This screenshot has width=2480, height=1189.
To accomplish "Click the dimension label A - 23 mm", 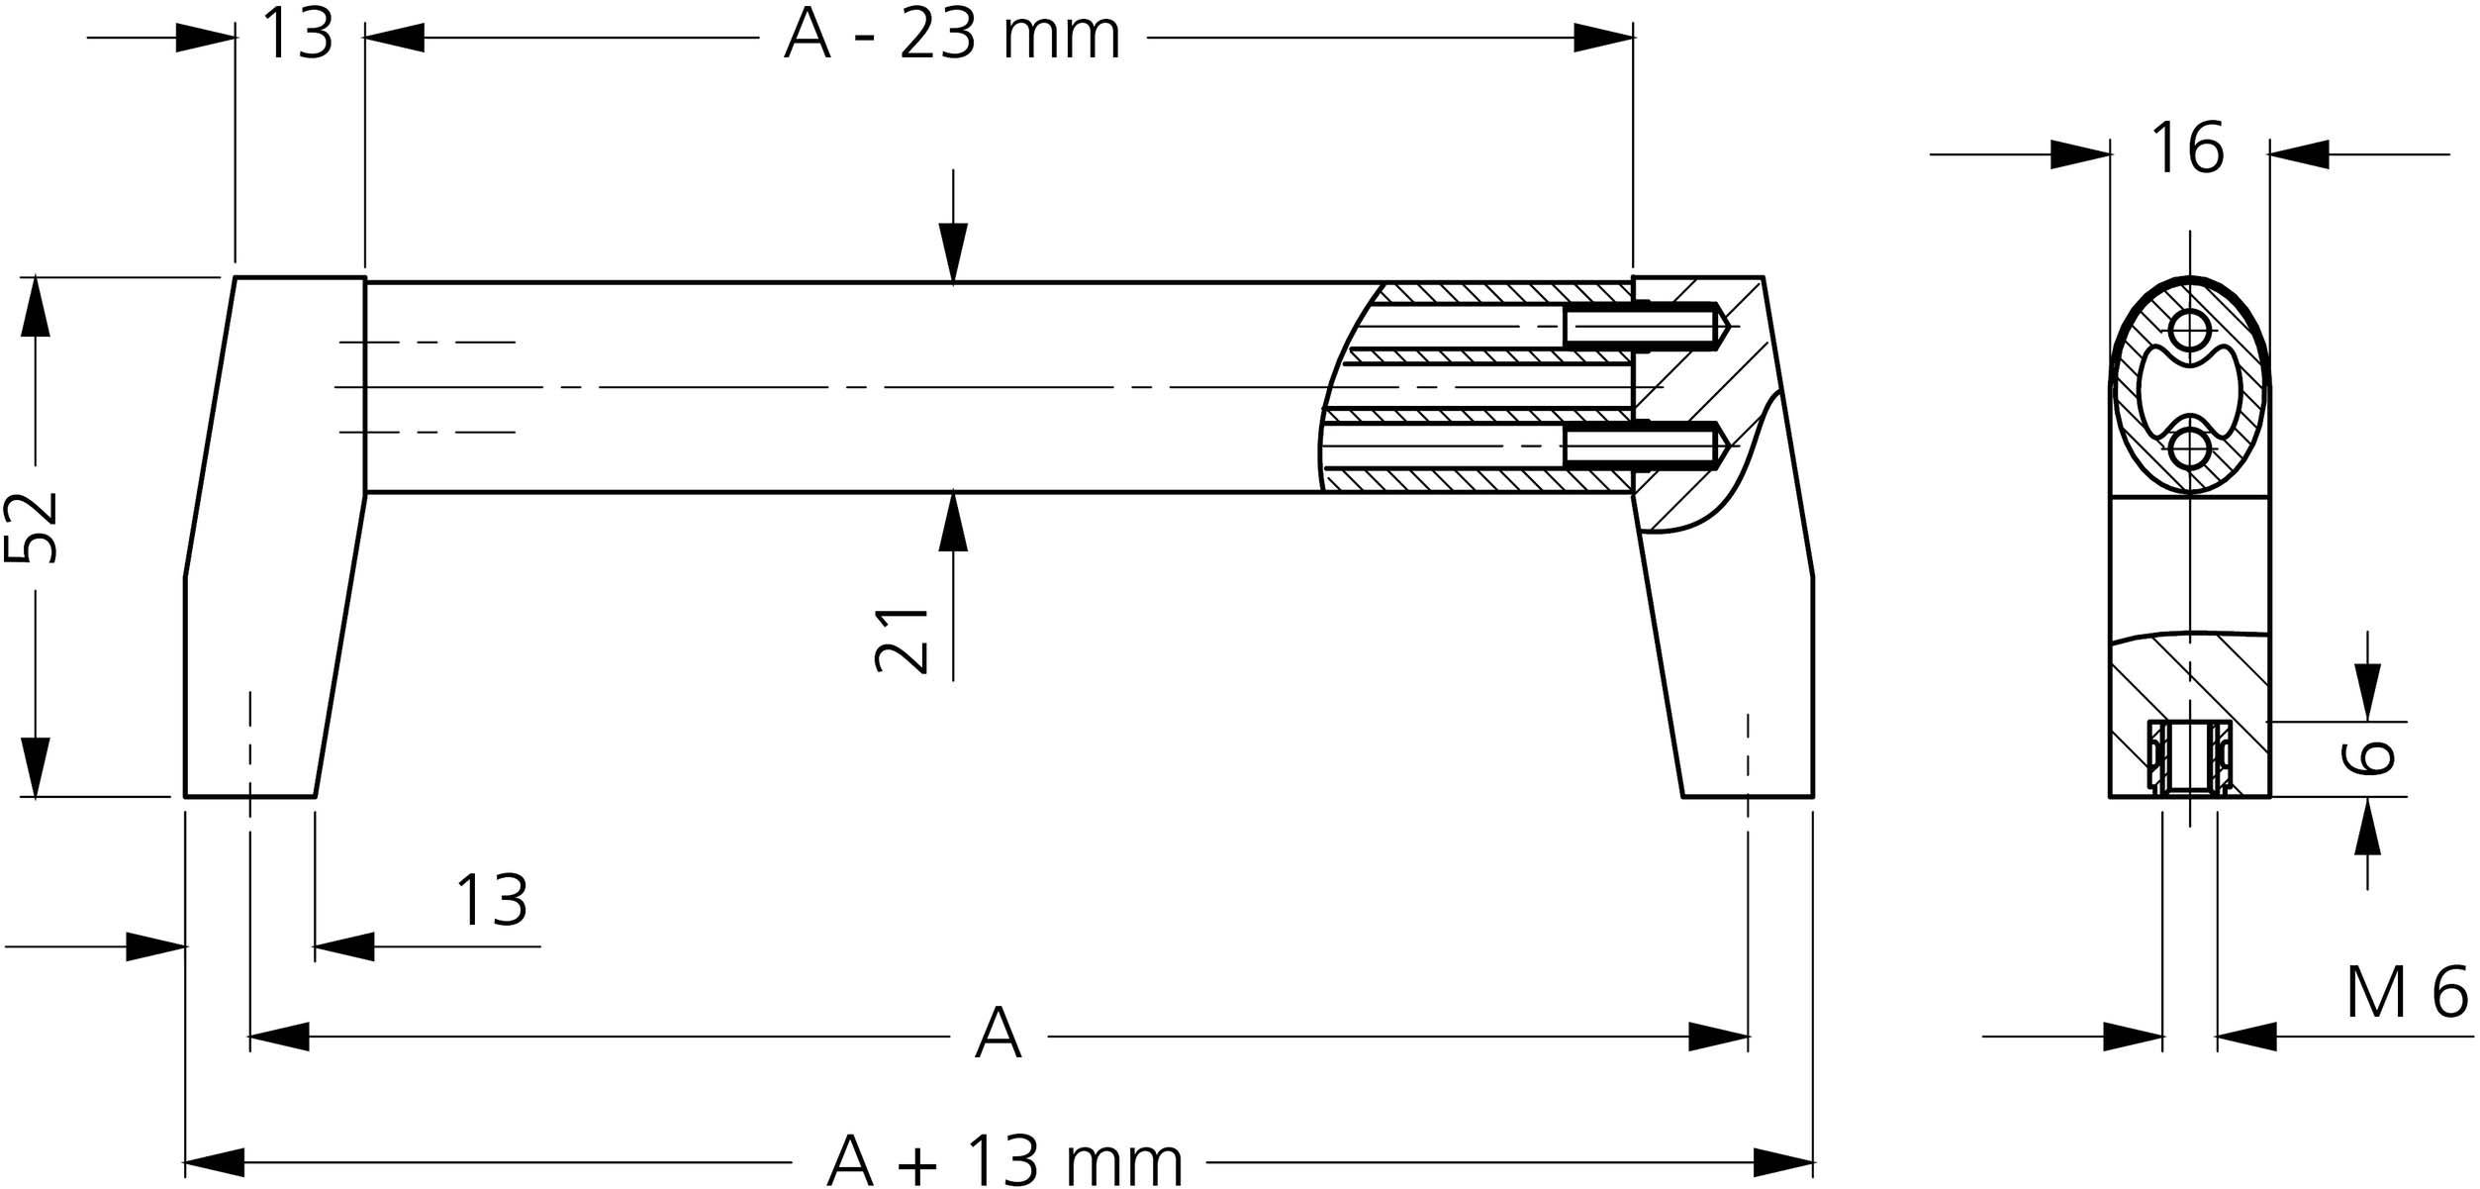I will pos(951,38).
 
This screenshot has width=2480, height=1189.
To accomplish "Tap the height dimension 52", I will pos(32,528).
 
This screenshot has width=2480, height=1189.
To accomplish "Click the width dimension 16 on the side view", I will pos(2187,149).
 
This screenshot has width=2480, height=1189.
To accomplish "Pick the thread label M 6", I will pos(2407,994).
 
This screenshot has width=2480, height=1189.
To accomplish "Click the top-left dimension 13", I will pos(297,37).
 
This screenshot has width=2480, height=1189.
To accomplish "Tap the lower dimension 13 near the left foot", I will pos(491,901).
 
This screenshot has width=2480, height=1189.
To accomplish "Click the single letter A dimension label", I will pos(998,1034).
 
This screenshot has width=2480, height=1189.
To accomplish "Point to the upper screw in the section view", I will pos(1643,326).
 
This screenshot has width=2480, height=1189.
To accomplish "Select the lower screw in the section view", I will pos(1643,446).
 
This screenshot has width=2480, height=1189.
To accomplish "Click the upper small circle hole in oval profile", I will pos(2189,328).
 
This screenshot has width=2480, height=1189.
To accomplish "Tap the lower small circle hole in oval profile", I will pos(2189,448).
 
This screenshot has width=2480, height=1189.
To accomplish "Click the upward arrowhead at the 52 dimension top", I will pos(36,307).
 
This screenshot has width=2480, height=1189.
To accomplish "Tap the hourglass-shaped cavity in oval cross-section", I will pos(2189,389).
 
